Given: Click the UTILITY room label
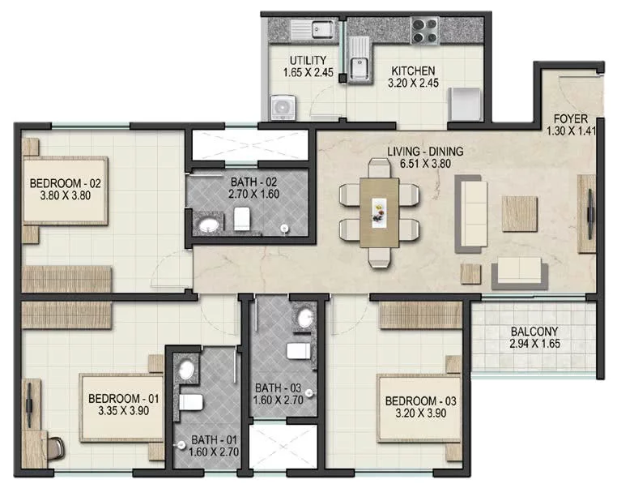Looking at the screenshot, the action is click(x=308, y=60).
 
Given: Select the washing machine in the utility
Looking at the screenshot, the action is click(x=283, y=107).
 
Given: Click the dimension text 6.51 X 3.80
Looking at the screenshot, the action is click(x=425, y=164).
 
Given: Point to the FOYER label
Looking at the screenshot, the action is click(x=571, y=118).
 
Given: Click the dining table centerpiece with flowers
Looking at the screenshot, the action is click(x=379, y=212).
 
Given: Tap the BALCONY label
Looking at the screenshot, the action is click(x=534, y=332).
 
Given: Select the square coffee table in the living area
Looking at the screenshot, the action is click(x=519, y=213).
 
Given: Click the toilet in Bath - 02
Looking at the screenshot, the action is click(x=242, y=219).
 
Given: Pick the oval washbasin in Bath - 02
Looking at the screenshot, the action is click(x=209, y=225).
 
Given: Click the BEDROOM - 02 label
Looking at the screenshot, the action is click(x=66, y=183).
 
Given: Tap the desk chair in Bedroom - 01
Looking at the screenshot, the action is click(x=56, y=447).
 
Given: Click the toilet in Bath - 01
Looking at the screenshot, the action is click(x=191, y=402).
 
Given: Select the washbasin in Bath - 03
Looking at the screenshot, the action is click(x=305, y=318).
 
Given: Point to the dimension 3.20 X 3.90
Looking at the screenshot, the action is click(x=421, y=413).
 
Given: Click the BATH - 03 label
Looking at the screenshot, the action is click(x=279, y=388).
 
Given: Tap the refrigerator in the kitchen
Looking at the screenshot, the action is click(x=465, y=105).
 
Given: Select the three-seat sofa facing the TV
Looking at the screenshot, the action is click(x=471, y=214).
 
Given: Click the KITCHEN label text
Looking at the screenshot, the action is click(x=413, y=71).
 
